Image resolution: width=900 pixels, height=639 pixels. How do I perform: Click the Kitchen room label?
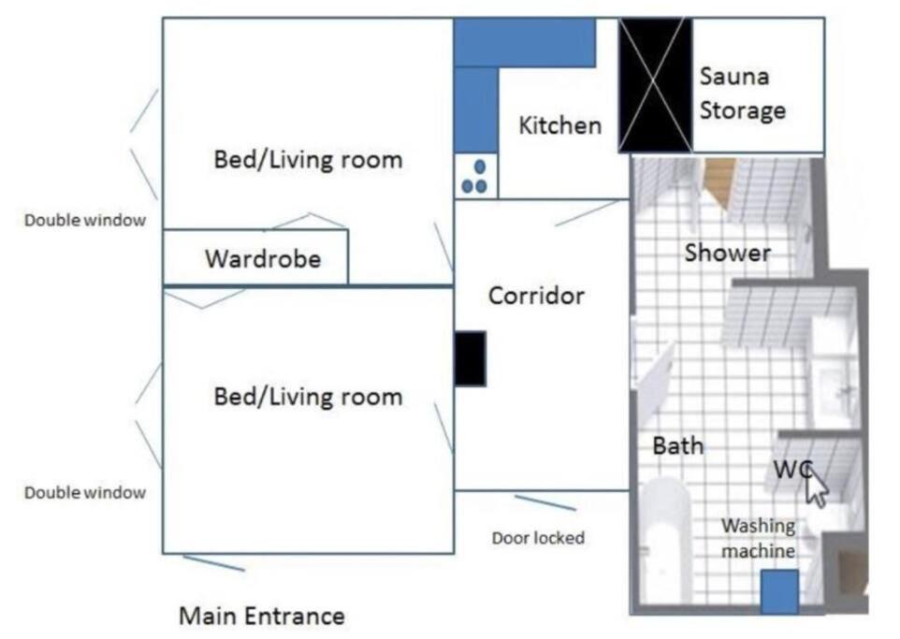[559, 125]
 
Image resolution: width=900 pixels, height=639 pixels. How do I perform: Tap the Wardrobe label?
[263, 259]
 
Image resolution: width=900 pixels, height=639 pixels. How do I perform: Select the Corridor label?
[536, 296]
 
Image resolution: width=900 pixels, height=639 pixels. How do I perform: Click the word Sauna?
[734, 77]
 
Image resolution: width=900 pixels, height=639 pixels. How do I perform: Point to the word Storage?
[742, 110]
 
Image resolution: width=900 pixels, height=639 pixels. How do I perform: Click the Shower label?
[727, 253]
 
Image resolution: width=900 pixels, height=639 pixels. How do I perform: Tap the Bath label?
[678, 445]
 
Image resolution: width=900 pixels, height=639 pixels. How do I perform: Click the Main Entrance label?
[262, 616]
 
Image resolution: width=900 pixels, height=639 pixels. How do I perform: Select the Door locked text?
[538, 538]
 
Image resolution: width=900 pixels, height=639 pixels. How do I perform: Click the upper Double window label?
[85, 220]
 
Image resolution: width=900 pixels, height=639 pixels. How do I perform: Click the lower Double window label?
[85, 492]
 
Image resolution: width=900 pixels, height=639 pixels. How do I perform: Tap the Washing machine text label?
[758, 538]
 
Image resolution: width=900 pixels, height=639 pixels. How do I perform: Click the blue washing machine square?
[779, 591]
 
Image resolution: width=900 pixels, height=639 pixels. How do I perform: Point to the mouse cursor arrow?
[816, 486]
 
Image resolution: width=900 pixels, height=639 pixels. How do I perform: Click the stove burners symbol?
[474, 177]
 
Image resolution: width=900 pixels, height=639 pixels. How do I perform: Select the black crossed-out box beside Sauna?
[655, 85]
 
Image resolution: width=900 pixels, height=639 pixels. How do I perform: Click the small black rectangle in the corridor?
[470, 358]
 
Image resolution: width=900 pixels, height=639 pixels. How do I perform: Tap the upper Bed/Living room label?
[308, 160]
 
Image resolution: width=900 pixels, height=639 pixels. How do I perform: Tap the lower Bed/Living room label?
[308, 397]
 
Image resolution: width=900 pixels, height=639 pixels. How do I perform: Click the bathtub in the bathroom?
[666, 540]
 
